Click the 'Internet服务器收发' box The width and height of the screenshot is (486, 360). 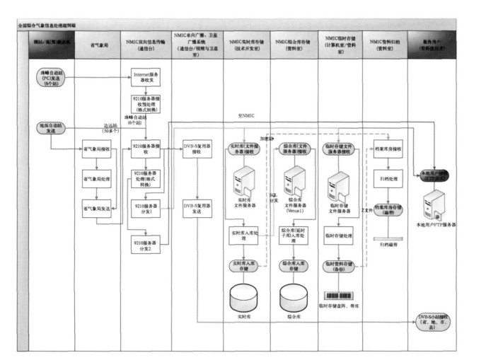coord(144,76)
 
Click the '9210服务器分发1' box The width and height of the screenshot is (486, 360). coord(144,209)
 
